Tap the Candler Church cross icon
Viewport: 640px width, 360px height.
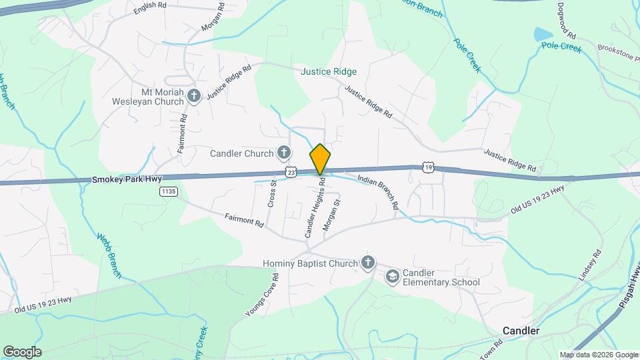[x=284, y=153]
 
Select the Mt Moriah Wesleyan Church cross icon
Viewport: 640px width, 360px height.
[x=193, y=96]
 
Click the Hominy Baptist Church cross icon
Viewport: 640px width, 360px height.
[x=367, y=263]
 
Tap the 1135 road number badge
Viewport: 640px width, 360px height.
[x=168, y=192]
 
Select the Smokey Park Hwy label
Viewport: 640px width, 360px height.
[x=127, y=179]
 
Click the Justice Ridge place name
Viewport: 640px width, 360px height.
[x=329, y=71]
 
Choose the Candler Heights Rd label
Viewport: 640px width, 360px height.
[x=315, y=207]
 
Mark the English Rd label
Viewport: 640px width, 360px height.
[x=149, y=5]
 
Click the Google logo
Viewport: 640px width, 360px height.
[x=22, y=352]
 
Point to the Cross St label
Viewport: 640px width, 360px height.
[x=272, y=193]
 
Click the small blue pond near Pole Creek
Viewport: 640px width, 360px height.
[x=543, y=34]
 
